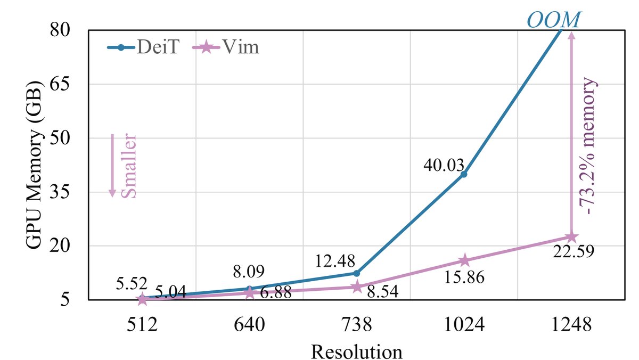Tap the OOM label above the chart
coord(554,20)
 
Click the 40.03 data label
coord(444,165)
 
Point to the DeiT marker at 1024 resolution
coord(464,174)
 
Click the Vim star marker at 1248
coord(571,237)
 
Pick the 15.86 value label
coord(463,277)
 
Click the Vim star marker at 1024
coord(464,260)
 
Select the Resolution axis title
coord(356,351)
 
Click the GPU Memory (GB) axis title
coord(34,165)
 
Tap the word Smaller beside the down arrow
coord(129,166)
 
